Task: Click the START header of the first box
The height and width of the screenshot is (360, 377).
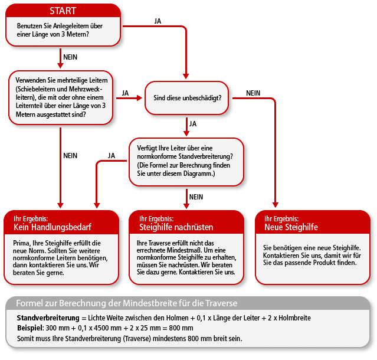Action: [x=63, y=11]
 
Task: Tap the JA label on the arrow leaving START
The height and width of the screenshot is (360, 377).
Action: [x=158, y=21]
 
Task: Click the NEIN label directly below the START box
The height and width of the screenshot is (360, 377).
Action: [x=70, y=57]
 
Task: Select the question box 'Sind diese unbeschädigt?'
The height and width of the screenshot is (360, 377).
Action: [x=186, y=96]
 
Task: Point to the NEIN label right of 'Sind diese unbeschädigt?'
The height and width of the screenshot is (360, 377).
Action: [x=253, y=93]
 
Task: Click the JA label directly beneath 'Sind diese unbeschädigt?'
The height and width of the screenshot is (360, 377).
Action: [x=193, y=124]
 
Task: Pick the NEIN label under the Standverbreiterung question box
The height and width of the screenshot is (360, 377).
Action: [x=196, y=197]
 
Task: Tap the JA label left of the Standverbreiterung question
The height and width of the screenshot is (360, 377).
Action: [x=111, y=155]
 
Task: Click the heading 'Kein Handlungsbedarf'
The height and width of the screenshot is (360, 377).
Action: [x=52, y=227]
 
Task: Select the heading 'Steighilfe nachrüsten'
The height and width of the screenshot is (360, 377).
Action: [x=176, y=227]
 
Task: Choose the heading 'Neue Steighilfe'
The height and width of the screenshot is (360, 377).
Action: [x=291, y=227]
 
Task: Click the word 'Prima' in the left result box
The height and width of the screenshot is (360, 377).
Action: [x=22, y=243]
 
